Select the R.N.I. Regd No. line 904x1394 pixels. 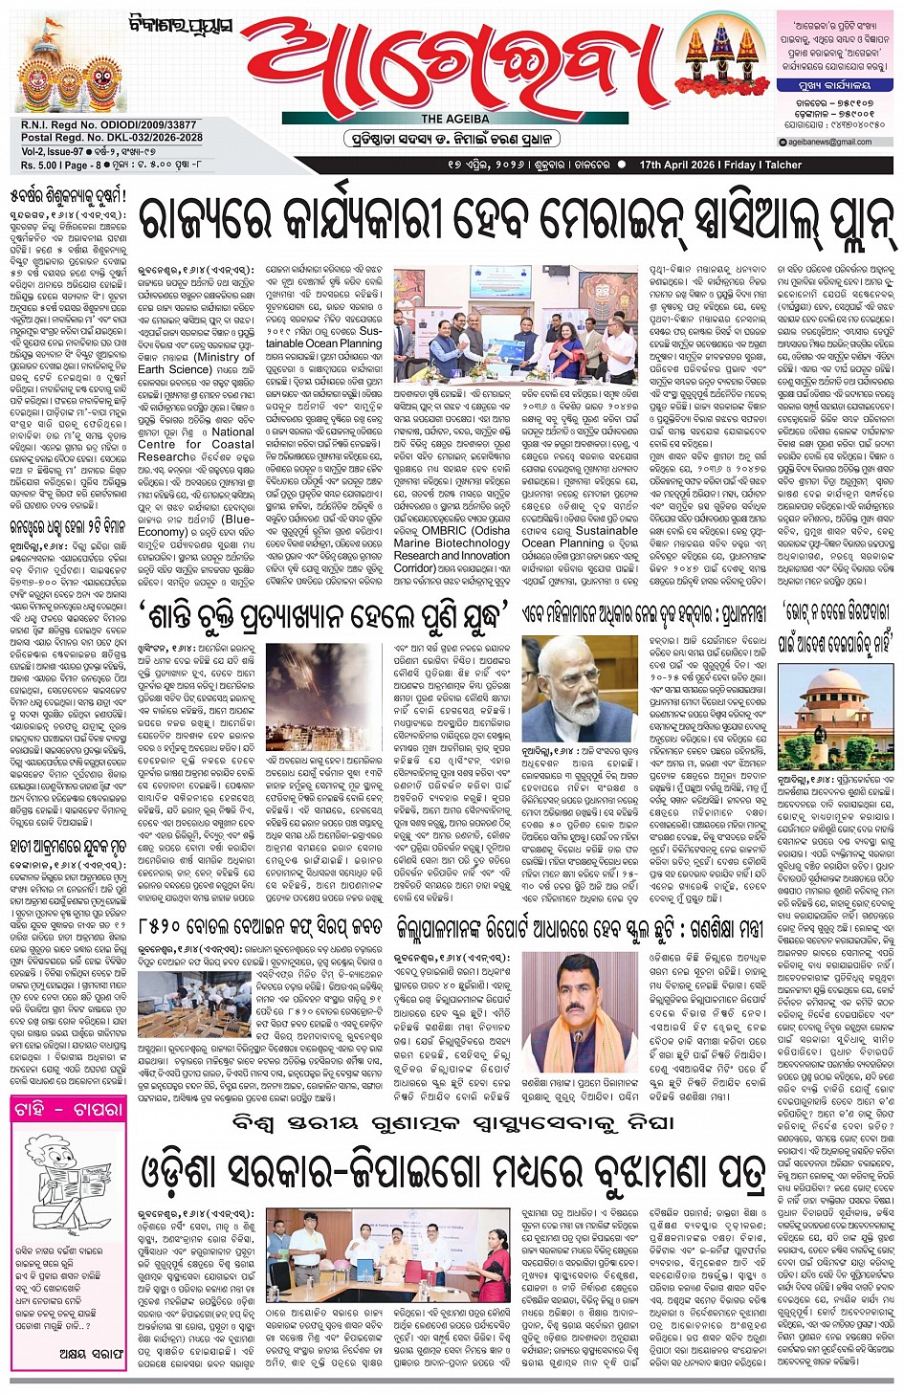(108, 125)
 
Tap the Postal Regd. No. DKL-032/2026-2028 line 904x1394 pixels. (112, 138)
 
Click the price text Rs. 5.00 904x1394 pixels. (40, 165)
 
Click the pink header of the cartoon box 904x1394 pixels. (68, 1109)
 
